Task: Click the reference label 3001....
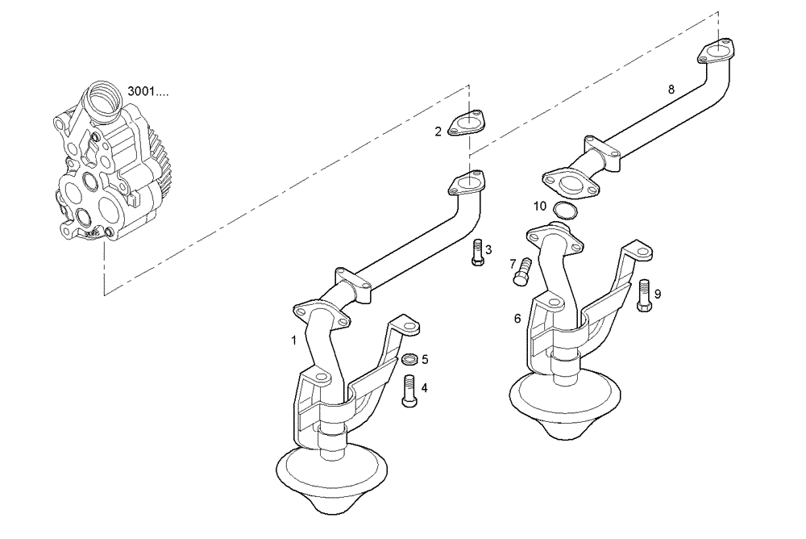click(147, 92)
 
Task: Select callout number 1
click(294, 340)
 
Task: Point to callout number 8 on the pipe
click(671, 90)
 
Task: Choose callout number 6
click(517, 319)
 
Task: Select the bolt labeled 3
click(476, 253)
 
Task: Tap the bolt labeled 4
click(409, 391)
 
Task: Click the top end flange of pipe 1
click(467, 183)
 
